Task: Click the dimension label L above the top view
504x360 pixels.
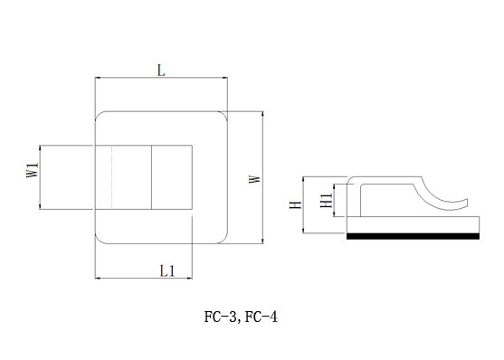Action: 161,71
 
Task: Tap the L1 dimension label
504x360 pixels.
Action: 167,271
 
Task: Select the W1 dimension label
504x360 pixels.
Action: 33,170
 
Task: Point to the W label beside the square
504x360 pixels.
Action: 255,179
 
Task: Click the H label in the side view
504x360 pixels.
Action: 296,204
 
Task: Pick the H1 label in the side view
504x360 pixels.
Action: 327,201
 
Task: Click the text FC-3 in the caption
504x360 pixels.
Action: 220,317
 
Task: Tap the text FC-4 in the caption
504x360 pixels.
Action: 261,317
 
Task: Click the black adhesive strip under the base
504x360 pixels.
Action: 413,236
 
